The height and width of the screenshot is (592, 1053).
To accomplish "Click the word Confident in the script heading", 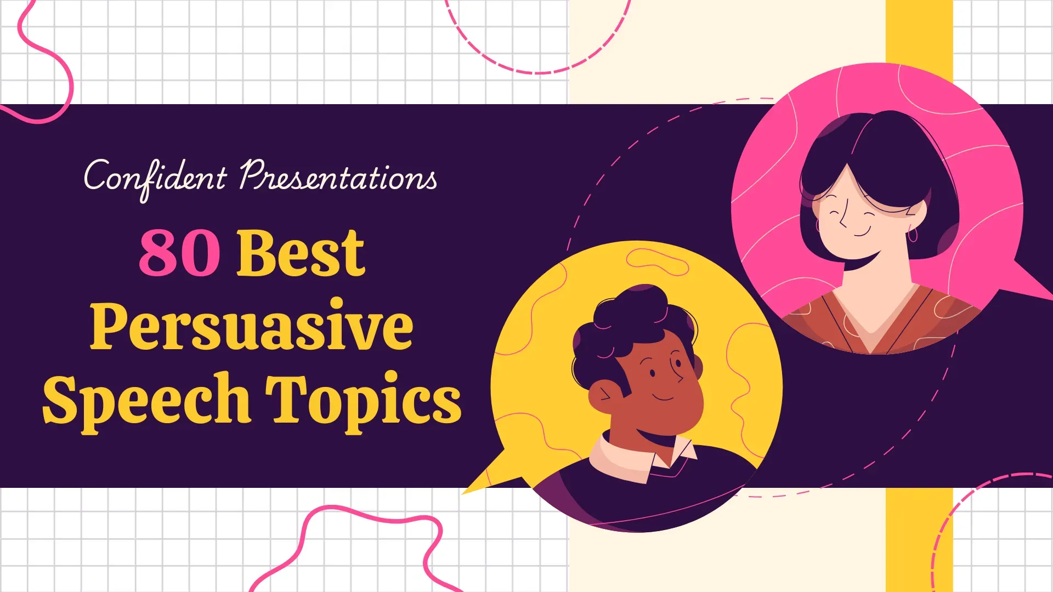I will pyautogui.click(x=155, y=177).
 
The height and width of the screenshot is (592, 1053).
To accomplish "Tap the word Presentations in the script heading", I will pyautogui.click(x=338, y=177).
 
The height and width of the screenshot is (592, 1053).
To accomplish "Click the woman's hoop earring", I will pyautogui.click(x=913, y=236).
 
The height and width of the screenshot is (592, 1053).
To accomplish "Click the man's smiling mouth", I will pyautogui.click(x=663, y=397).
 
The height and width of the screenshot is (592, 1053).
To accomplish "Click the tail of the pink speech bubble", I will pyautogui.click(x=1031, y=282).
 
